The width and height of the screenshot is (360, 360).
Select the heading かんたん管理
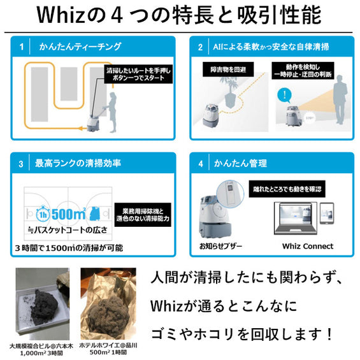(x=241, y=164)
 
